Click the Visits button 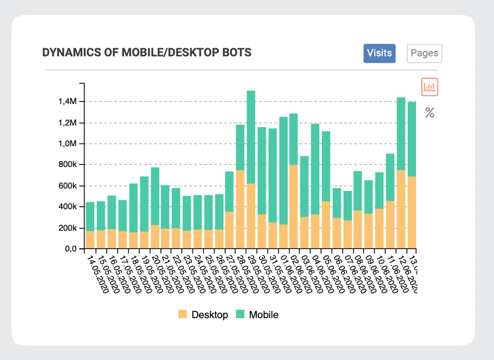[379, 53]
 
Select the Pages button [424, 53]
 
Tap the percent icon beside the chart [429, 113]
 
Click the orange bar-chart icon [429, 87]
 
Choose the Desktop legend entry [203, 315]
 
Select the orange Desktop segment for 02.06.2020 [293, 207]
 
